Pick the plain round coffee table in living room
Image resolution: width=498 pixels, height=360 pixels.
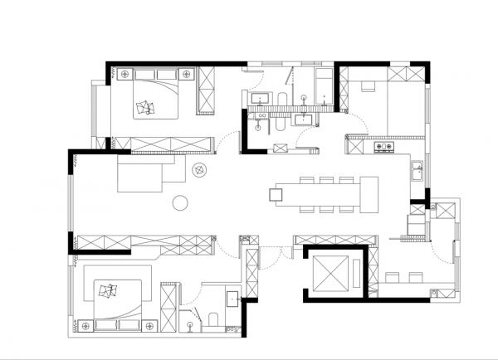[179, 202]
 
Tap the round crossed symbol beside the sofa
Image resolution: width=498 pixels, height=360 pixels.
[200, 170]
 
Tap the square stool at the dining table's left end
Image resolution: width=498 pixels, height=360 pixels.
[276, 195]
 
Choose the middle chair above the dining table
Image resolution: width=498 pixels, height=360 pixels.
[326, 179]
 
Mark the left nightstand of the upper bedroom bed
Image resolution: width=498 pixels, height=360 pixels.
[122, 73]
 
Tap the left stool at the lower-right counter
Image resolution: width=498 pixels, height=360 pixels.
[392, 275]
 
